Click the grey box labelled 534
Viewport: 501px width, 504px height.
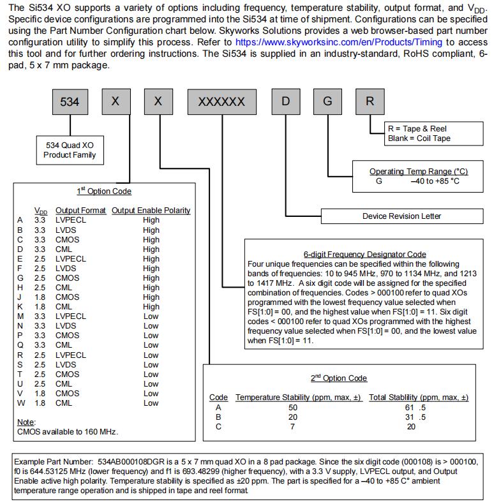[70, 102]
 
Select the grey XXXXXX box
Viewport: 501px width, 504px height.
[221, 102]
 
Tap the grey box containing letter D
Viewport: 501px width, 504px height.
[285, 102]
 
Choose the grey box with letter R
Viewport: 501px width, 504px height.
[370, 102]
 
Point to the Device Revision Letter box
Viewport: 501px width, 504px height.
[401, 216]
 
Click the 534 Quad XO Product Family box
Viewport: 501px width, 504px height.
[70, 150]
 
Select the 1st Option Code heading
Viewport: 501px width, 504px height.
[104, 191]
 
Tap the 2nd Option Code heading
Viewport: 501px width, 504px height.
[338, 378]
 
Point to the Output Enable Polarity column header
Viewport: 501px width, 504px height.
[151, 211]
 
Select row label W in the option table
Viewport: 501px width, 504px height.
[20, 403]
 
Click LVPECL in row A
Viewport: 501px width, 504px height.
[70, 220]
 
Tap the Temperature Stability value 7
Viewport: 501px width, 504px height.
[292, 427]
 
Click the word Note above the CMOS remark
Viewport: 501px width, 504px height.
[26, 422]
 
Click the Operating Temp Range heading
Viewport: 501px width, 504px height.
[418, 172]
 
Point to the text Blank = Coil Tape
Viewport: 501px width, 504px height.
[418, 138]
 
